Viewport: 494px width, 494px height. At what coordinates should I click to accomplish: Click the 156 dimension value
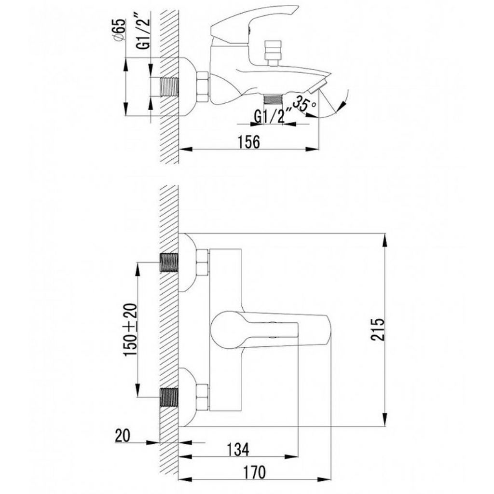click(248, 142)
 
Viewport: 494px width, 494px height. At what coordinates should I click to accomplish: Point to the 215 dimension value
click(378, 329)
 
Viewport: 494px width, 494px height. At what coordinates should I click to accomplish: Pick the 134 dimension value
click(237, 450)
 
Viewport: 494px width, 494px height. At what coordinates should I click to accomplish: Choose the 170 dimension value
click(255, 472)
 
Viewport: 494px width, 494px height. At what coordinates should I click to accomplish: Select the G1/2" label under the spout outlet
click(270, 117)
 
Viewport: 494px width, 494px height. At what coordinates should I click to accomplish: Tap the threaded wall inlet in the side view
click(170, 87)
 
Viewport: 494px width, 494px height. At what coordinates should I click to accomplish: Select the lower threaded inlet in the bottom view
click(170, 397)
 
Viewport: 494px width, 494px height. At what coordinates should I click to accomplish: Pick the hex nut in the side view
click(203, 87)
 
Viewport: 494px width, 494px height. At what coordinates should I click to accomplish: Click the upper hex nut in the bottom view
click(203, 262)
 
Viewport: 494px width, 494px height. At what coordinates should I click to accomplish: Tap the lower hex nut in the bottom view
click(203, 397)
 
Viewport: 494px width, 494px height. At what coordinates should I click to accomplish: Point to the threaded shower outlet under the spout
click(273, 99)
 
